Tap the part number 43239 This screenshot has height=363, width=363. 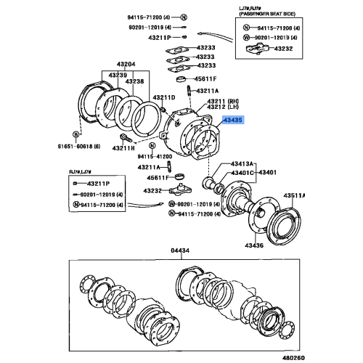coord(120,75)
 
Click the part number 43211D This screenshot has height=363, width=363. coord(163,97)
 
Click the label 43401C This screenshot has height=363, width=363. coord(242,173)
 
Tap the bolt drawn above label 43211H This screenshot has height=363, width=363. coord(127,137)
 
